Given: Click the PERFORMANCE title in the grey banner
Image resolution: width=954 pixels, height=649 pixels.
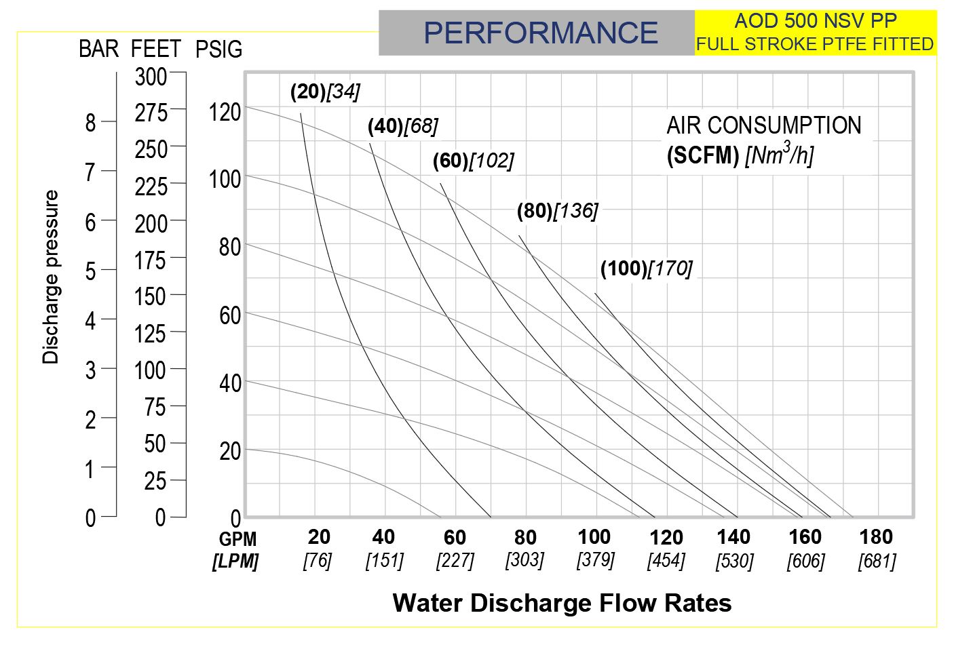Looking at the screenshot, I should pyautogui.click(x=541, y=33).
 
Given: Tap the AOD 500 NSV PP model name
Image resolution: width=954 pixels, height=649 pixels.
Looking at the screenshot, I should pyautogui.click(x=815, y=20).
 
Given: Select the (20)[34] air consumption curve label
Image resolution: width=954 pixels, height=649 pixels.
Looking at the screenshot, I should pyautogui.click(x=325, y=92).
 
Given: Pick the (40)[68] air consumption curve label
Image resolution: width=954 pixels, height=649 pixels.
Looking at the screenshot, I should pyautogui.click(x=403, y=126).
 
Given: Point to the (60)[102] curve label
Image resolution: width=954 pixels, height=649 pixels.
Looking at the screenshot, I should pyautogui.click(x=474, y=161).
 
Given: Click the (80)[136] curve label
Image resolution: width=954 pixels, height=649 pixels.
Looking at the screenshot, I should pyautogui.click(x=557, y=212).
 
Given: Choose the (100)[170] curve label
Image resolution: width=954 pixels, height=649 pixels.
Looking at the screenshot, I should pyautogui.click(x=646, y=269).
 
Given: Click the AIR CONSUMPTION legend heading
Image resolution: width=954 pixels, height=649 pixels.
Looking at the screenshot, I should pyautogui.click(x=763, y=126).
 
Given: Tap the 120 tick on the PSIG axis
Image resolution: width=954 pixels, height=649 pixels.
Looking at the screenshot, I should pyautogui.click(x=225, y=112).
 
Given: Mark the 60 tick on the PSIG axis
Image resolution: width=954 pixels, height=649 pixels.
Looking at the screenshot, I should pyautogui.click(x=230, y=315).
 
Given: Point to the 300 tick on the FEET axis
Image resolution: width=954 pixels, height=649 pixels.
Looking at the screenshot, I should pyautogui.click(x=151, y=77).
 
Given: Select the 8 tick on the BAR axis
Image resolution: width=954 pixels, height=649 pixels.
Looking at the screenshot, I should pyautogui.click(x=90, y=123).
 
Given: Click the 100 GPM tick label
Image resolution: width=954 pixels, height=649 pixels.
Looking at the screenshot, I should pyautogui.click(x=594, y=537).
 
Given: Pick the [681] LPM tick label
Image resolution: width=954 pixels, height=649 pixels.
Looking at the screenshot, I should pyautogui.click(x=877, y=562).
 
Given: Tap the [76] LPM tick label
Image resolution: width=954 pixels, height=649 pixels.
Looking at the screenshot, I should pyautogui.click(x=317, y=562).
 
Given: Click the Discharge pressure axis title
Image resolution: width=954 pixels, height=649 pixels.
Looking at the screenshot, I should pyautogui.click(x=52, y=277).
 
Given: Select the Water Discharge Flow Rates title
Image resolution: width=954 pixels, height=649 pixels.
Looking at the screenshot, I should pyautogui.click(x=562, y=603).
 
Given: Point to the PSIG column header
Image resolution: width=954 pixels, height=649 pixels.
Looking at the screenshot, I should pyautogui.click(x=218, y=50).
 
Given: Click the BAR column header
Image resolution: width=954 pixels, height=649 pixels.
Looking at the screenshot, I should pyautogui.click(x=98, y=49).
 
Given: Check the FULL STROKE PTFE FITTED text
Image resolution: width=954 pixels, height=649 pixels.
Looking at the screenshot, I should pyautogui.click(x=815, y=44).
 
